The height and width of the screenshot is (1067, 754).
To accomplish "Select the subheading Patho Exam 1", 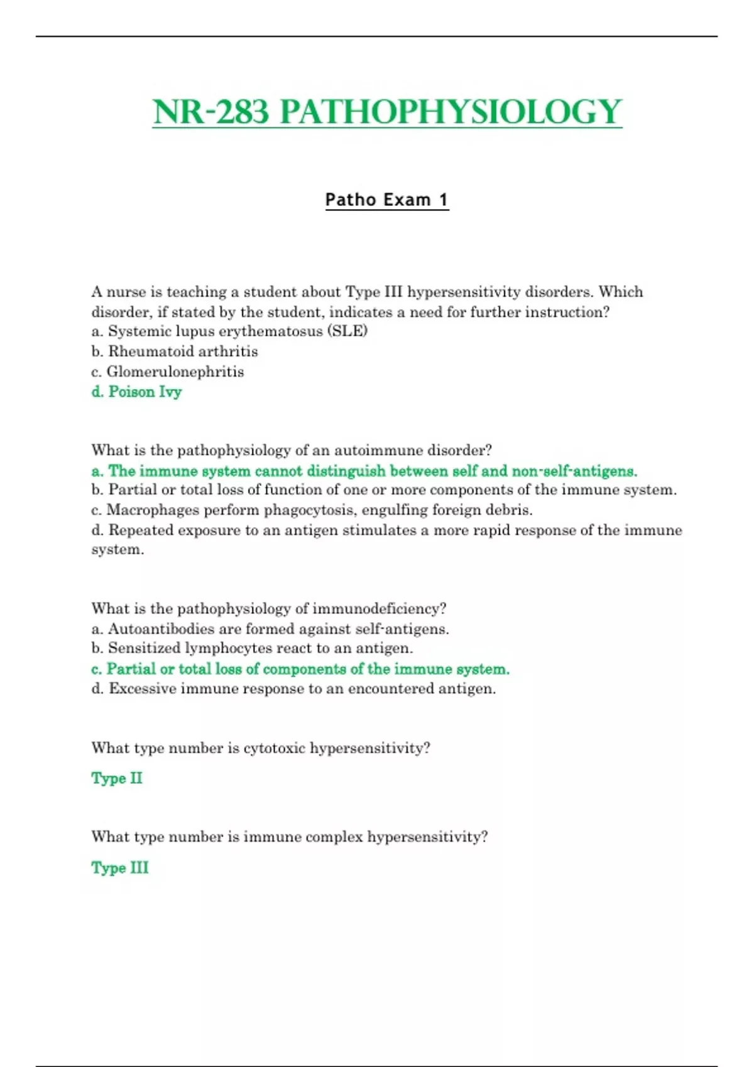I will click(387, 200).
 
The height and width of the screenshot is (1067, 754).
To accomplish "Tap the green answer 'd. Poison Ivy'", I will click(136, 392).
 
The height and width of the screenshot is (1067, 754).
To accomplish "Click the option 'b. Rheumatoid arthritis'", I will click(175, 351).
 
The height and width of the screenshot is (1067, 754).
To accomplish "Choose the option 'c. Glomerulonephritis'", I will click(168, 372).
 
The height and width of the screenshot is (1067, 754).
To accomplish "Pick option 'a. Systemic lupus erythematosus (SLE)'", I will click(229, 331).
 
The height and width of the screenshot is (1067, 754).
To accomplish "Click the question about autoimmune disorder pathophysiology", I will click(292, 450).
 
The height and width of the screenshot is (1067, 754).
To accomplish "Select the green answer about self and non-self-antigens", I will click(364, 471).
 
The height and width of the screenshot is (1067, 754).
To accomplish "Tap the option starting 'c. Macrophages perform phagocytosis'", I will click(312, 510).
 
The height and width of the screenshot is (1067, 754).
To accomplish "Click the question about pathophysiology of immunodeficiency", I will click(269, 608).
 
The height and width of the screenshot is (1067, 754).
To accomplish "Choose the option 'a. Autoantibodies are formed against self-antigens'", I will click(270, 628).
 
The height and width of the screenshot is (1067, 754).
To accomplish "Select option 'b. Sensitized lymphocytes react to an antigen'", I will click(252, 648).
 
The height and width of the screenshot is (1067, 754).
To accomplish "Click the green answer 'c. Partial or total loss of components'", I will click(300, 668).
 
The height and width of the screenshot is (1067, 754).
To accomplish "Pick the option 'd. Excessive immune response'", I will click(293, 689).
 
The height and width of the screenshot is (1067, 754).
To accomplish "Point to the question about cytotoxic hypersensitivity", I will click(261, 748).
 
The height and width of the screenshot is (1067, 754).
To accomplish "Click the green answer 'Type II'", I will click(117, 778).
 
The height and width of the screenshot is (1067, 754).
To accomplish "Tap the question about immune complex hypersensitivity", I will click(290, 837).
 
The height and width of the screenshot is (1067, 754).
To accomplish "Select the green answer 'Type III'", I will click(120, 867).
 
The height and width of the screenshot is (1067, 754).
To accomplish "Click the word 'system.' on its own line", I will click(118, 550).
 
